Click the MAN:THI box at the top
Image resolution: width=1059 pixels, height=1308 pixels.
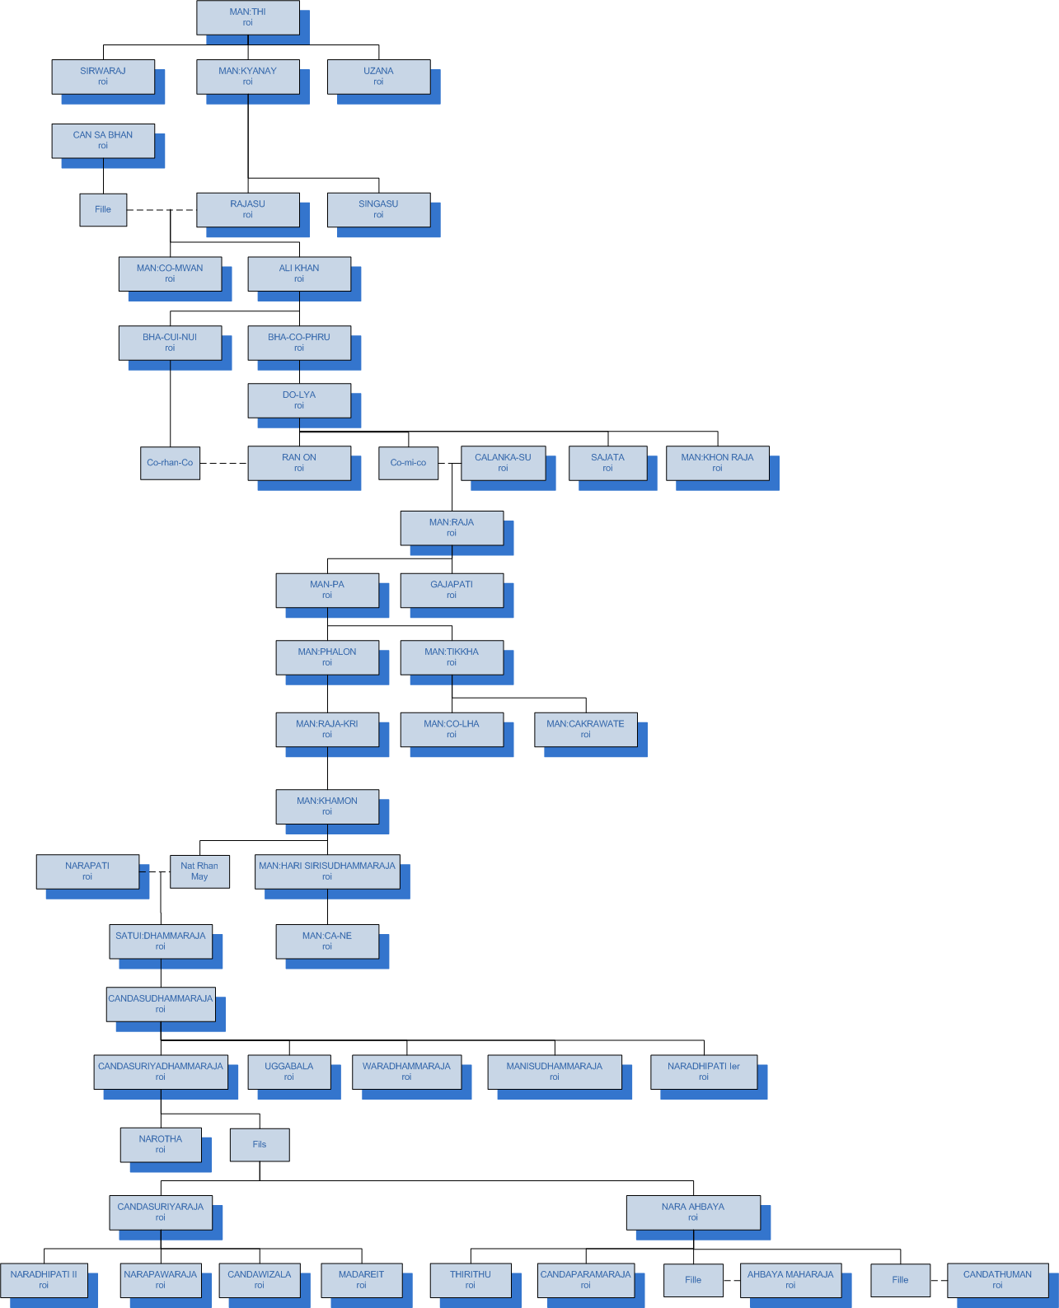[247, 17]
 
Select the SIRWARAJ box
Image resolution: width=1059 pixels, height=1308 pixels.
[103, 76]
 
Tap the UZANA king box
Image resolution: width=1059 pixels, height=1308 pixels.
[378, 76]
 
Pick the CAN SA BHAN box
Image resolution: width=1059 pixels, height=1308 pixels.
[103, 140]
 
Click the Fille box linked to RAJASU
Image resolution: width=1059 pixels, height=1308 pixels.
[103, 209]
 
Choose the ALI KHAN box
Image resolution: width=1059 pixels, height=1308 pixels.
[299, 273]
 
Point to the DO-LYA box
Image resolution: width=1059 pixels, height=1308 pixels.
[299, 400]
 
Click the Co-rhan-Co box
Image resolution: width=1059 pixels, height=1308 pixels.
[170, 463]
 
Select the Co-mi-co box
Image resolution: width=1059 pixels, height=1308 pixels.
[408, 463]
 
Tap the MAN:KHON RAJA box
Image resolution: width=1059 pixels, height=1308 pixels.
[717, 463]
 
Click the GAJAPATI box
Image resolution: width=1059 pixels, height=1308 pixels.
[452, 590]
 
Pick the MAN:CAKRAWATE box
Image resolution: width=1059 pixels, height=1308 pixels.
[585, 729]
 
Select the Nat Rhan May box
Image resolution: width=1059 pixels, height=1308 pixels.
[199, 871]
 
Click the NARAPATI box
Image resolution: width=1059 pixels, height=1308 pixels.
[87, 871]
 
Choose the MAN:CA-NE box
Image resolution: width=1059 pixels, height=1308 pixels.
[327, 941]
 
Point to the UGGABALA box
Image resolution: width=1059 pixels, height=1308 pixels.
[289, 1072]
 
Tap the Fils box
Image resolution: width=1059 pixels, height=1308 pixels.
[260, 1144]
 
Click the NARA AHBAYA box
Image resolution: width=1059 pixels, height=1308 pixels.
[693, 1212]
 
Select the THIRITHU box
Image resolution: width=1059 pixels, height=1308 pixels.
[471, 1280]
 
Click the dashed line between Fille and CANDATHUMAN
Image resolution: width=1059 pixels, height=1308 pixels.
[939, 1280]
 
